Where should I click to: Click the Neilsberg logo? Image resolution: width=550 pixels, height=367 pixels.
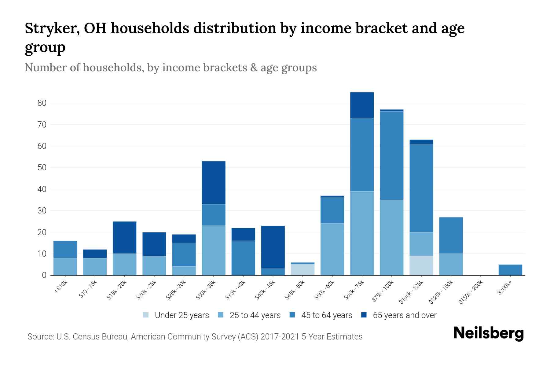point(488,333)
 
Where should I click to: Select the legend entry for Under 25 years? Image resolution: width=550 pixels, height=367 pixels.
point(176,315)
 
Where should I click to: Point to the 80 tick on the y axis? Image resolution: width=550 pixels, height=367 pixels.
point(42,103)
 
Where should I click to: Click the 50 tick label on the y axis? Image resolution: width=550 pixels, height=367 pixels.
point(42,168)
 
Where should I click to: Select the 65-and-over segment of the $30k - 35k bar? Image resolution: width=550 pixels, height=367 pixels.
point(214,182)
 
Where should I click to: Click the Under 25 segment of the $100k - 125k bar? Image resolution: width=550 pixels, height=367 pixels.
point(421,265)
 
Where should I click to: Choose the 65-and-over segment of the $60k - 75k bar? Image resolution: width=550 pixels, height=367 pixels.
point(362,105)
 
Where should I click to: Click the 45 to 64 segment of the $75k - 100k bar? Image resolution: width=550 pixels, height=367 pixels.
point(391,155)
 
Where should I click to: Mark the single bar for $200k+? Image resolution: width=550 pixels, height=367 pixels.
point(510,270)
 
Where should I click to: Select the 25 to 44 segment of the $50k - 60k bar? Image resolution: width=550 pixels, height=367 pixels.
point(332,249)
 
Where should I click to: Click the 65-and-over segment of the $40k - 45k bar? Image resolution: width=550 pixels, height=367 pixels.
point(273,247)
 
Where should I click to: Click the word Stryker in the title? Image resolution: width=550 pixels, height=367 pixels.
point(50,28)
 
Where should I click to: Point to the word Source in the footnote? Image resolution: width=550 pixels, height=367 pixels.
point(39,337)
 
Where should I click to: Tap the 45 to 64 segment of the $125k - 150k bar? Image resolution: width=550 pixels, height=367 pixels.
point(451,235)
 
